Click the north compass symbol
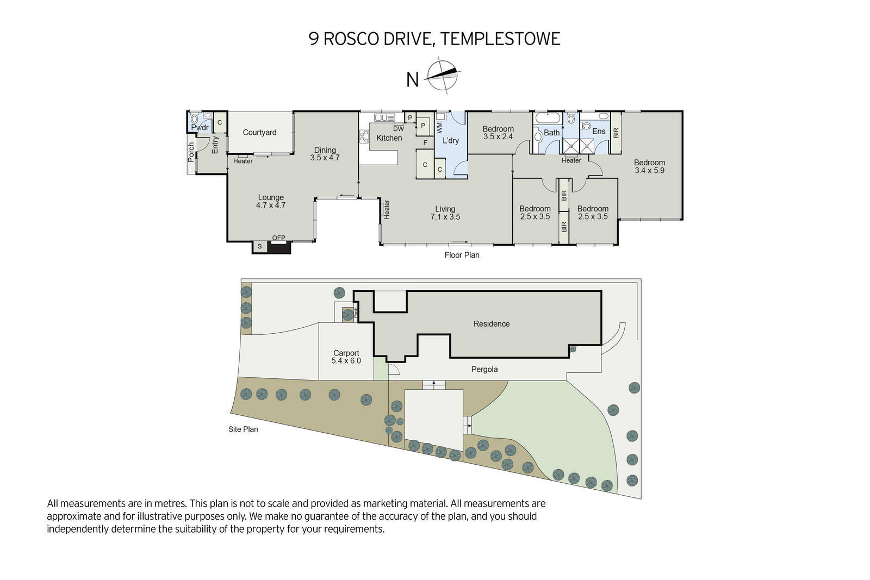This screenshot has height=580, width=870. click(x=443, y=76)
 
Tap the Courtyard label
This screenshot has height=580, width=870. click(x=259, y=133)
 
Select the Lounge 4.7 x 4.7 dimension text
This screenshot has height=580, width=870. click(x=271, y=205)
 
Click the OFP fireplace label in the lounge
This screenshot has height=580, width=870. click(x=278, y=238)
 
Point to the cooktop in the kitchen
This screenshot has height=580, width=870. click(x=364, y=136)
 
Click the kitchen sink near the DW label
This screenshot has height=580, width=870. click(x=384, y=117)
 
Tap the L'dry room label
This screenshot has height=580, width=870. click(x=451, y=141)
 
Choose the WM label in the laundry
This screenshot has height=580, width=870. click(x=440, y=127)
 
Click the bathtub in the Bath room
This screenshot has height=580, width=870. click(x=548, y=117)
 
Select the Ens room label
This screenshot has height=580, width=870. click(x=599, y=131)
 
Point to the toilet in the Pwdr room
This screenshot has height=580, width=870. click(x=194, y=119)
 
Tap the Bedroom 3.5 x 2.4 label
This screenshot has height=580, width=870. click(x=498, y=133)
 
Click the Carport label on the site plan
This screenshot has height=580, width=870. click(x=346, y=353)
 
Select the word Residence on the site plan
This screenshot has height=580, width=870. click(x=492, y=324)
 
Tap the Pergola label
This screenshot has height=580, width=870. click(x=484, y=370)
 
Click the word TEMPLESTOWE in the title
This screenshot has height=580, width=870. click(x=500, y=39)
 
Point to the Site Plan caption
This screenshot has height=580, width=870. click(x=243, y=429)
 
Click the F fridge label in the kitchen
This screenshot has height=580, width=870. click(x=425, y=143)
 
